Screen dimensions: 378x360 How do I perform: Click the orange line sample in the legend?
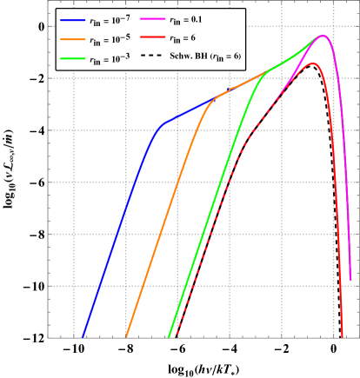[73, 39]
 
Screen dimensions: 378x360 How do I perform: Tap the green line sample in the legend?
[73, 58]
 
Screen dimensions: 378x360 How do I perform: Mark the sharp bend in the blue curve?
[161, 126]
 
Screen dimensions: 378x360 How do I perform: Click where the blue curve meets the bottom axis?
[83, 336]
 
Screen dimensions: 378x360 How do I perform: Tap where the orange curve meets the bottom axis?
[126, 336]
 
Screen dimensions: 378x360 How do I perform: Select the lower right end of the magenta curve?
[350, 280]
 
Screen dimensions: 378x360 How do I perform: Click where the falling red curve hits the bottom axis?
[344, 336]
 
